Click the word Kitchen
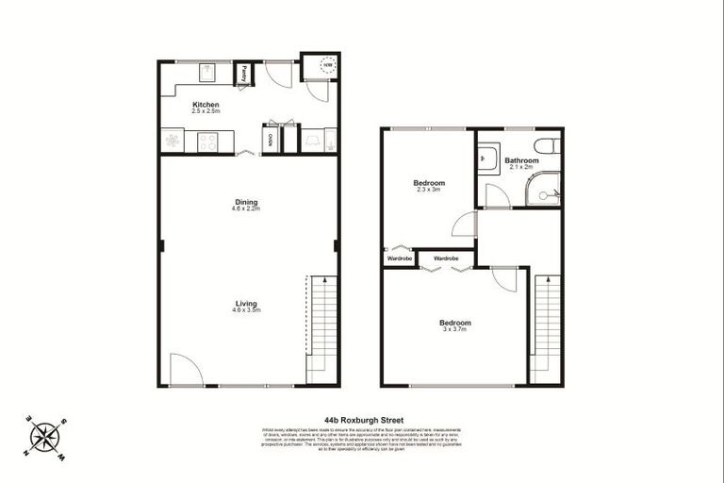coord(206,104)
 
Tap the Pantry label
coord(242,73)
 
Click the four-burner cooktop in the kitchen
coord(207,142)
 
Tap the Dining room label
coord(246,202)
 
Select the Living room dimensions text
coord(247,309)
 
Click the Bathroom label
coord(521,160)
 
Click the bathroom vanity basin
coord(487,158)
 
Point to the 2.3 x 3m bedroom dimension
coord(429,190)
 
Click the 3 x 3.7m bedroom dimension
coord(455,329)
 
